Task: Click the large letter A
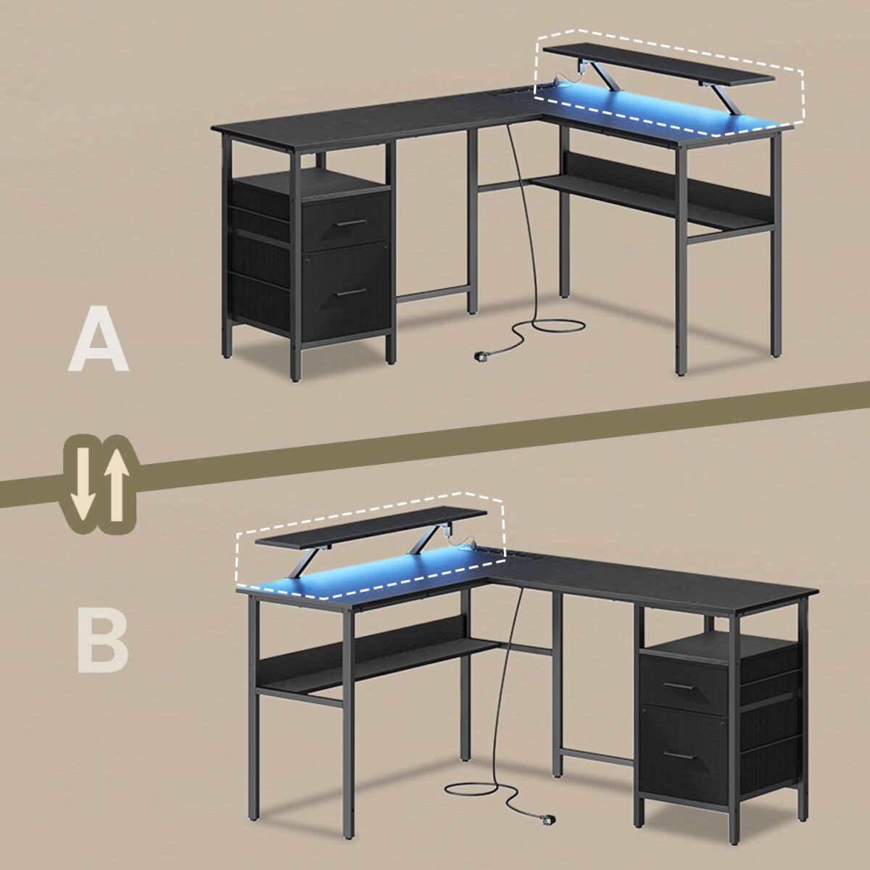[x=99, y=339]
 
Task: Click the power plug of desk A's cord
[x=481, y=357]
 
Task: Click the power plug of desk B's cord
[x=547, y=832]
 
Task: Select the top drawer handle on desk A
[x=352, y=223]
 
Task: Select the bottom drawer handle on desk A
[x=352, y=292]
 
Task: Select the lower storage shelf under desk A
[x=650, y=202]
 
